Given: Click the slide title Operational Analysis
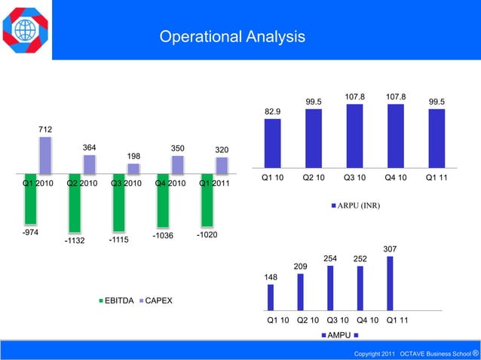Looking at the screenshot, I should coord(232,37).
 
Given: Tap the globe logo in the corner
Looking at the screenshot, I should coord(26,30).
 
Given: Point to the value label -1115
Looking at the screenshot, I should coord(118,239).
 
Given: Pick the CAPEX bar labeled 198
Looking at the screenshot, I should coord(133,169).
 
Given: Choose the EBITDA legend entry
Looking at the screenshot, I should coord(117,301).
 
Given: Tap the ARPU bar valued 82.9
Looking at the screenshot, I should coord(273,142).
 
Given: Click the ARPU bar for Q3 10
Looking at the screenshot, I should coord(354,135).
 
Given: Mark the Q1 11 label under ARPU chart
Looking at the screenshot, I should coord(436,178).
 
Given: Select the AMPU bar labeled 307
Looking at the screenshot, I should coord(390,283).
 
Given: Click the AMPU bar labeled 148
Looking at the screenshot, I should coord(271,297).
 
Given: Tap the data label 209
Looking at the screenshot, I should coord(300,267).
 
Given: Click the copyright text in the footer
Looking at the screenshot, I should coord(417,353).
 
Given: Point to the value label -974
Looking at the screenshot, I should coord(31,233).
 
